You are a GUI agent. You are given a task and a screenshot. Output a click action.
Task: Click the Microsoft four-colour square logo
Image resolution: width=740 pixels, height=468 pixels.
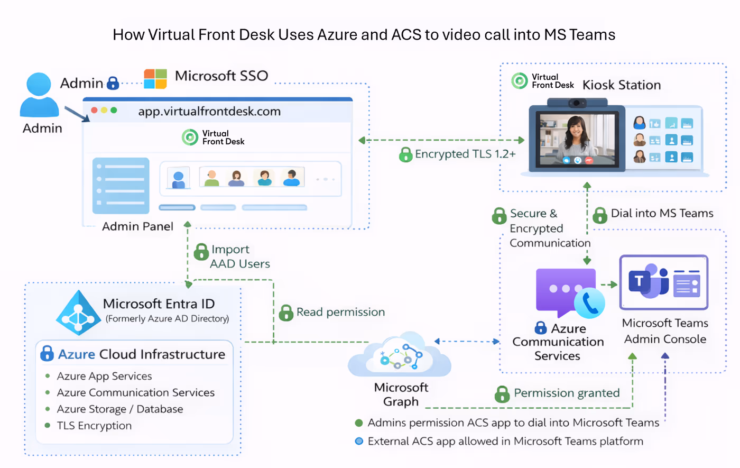(x=155, y=79)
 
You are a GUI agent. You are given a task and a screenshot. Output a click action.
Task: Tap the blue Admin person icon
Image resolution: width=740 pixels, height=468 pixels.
(x=39, y=95)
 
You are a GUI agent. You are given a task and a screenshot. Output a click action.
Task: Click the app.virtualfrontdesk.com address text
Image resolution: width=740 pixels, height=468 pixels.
(x=209, y=112)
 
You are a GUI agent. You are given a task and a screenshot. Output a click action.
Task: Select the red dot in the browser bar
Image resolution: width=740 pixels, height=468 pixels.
(x=94, y=111)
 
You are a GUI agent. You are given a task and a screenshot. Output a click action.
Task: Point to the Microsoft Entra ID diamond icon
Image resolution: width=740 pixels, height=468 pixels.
(x=78, y=313)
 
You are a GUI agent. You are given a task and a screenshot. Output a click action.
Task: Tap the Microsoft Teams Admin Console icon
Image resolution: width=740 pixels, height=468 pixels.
(x=663, y=282)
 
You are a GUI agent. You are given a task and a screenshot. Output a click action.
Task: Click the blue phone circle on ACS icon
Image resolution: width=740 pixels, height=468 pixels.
(x=589, y=303)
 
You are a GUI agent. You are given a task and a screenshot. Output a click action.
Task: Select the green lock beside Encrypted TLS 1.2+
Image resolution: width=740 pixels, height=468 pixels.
(x=405, y=154)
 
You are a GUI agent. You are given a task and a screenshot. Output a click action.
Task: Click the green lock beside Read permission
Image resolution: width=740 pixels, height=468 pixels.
(x=286, y=313)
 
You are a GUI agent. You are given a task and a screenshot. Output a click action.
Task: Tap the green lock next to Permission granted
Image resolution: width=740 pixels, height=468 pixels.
(x=502, y=394)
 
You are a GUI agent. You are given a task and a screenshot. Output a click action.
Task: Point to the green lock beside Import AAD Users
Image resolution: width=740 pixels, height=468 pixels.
(x=201, y=252)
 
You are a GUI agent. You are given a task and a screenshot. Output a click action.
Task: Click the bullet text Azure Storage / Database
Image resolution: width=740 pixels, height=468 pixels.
(x=120, y=409)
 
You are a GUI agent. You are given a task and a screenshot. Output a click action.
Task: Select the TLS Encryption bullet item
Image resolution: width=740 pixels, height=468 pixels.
(x=94, y=426)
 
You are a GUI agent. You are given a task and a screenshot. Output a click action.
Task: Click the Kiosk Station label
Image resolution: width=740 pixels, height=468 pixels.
(x=622, y=85)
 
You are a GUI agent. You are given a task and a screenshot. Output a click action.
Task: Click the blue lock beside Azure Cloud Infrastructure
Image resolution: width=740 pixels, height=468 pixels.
(x=47, y=353)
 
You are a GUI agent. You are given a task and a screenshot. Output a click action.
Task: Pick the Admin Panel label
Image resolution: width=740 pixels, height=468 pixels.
(x=137, y=226)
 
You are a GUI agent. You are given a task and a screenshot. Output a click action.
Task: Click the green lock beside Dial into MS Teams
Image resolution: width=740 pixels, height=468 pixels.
(x=600, y=215)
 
